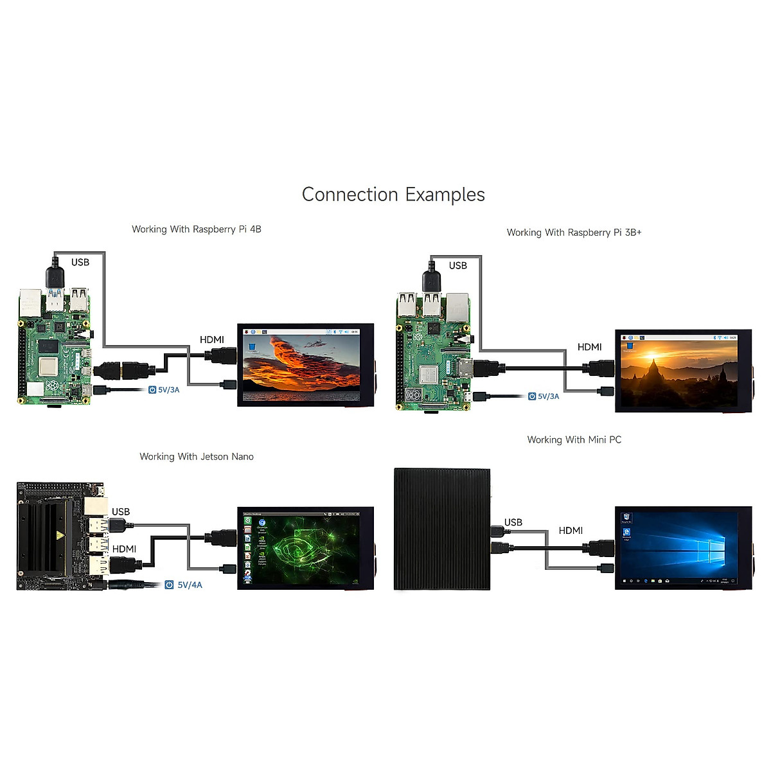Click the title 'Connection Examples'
[x=393, y=195]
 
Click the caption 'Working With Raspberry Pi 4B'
[x=197, y=229]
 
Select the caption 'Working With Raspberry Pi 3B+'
[x=574, y=233]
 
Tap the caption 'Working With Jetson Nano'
[x=197, y=457]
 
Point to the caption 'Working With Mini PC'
[x=574, y=440]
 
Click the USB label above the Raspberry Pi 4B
[x=80, y=262]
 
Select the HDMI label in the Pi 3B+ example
[x=589, y=347]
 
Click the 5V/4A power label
[x=189, y=585]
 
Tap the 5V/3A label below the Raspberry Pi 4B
[x=168, y=390]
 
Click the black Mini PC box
[x=442, y=529]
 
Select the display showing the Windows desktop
[x=683, y=547]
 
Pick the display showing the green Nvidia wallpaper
[x=305, y=548]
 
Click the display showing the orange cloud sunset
[x=305, y=364]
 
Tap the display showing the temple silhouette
[x=683, y=371]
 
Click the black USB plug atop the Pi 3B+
[x=431, y=280]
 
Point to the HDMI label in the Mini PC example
[x=571, y=531]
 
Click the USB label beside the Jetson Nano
[x=121, y=512]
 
